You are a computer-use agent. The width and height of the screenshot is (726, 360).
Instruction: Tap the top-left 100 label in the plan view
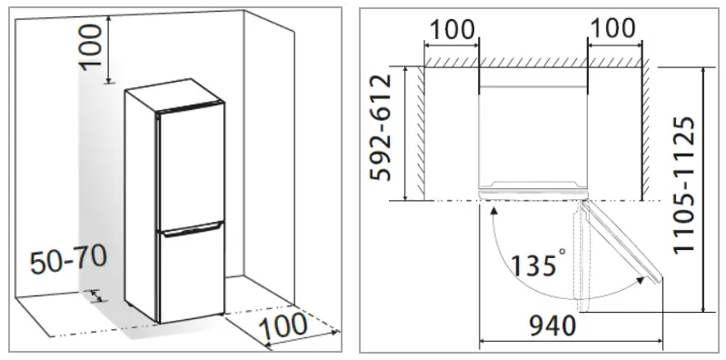[x=451, y=28]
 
